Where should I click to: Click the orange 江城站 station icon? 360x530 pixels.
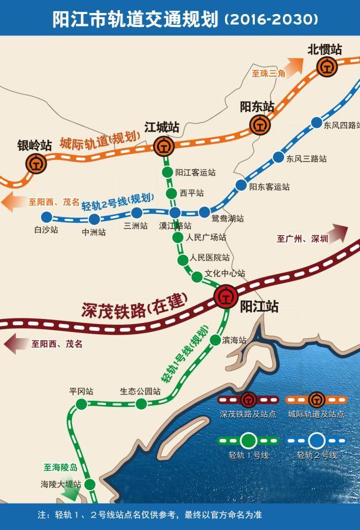(x=163, y=147)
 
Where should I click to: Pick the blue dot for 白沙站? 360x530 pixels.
(x=47, y=217)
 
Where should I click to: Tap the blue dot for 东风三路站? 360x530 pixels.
(x=277, y=157)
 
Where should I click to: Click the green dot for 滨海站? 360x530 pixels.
(x=215, y=340)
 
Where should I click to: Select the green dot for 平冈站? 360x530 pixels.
(x=82, y=403)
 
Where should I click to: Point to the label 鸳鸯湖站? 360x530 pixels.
(x=228, y=218)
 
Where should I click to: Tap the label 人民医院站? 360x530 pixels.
(x=210, y=258)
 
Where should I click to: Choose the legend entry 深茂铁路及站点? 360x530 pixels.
(x=248, y=414)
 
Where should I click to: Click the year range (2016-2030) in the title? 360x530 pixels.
(x=271, y=20)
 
